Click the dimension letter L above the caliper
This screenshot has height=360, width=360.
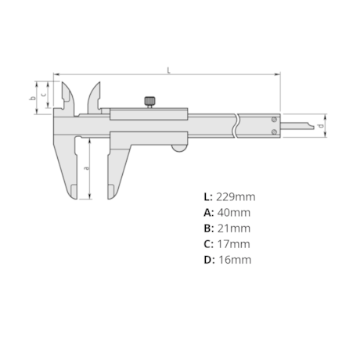168,70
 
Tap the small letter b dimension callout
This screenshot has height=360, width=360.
31,98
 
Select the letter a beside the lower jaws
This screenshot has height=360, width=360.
86,167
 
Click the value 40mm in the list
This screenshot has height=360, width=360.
232,212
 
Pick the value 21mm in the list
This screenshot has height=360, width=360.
232,228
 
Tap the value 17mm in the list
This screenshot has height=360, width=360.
232,243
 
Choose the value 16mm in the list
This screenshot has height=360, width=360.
233,259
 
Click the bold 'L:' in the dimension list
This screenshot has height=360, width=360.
208,196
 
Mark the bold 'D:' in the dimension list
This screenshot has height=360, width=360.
209,259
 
